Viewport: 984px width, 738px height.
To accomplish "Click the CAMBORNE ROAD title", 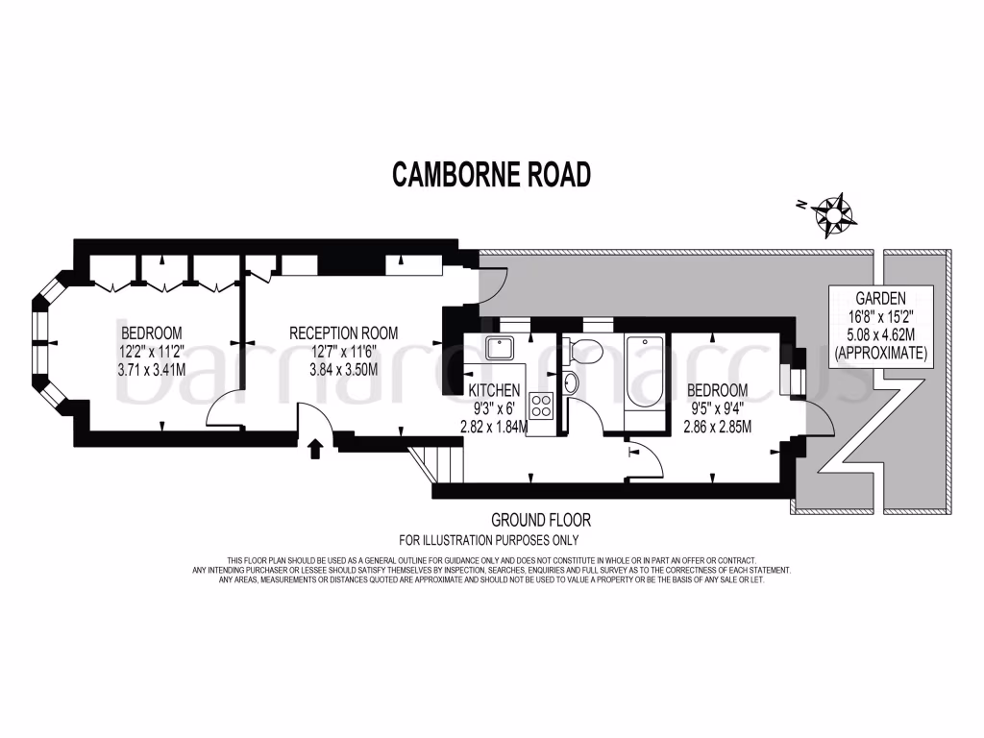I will point(491,175).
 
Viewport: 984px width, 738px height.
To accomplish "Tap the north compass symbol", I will point(832,214).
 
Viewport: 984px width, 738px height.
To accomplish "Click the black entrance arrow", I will point(315,449).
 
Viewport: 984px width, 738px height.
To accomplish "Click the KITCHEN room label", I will point(494,391).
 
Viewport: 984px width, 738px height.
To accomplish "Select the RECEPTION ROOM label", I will point(344,332).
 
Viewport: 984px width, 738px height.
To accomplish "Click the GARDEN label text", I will point(880,298).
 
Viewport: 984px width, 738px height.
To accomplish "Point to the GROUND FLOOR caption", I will point(540,520).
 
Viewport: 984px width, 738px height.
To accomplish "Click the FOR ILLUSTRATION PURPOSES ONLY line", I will point(492,540).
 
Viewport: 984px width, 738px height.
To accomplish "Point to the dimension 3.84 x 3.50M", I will point(344,369).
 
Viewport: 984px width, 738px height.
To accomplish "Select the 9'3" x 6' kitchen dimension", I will point(494,409).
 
